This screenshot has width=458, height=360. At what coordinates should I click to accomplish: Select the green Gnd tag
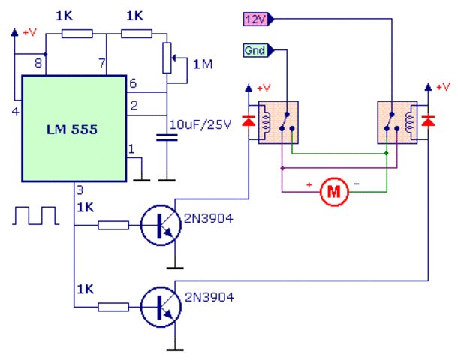tap(257, 51)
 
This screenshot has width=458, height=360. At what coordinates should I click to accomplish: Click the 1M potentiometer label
tap(203, 65)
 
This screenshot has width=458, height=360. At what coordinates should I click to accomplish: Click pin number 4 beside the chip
tap(14, 112)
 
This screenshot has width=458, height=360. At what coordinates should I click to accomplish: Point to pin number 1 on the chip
tap(131, 149)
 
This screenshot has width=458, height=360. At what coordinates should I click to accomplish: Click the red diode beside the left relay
tap(249, 121)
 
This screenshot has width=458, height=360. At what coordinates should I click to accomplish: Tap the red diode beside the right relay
tap(428, 121)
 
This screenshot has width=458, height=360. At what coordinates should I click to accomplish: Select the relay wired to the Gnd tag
tap(277, 121)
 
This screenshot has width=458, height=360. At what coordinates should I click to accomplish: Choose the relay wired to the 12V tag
tap(396, 121)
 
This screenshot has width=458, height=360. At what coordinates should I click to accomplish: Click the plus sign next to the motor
tap(308, 184)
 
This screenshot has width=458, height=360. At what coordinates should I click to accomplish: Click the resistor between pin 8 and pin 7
tap(77, 33)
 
